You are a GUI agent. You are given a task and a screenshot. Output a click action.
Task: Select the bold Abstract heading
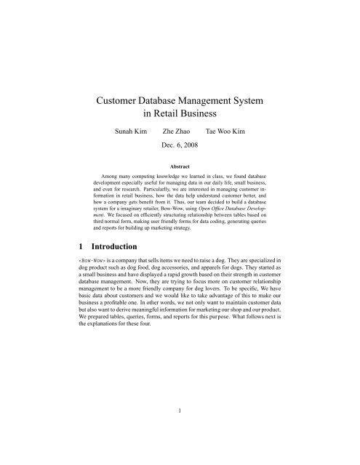tap(179, 167)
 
